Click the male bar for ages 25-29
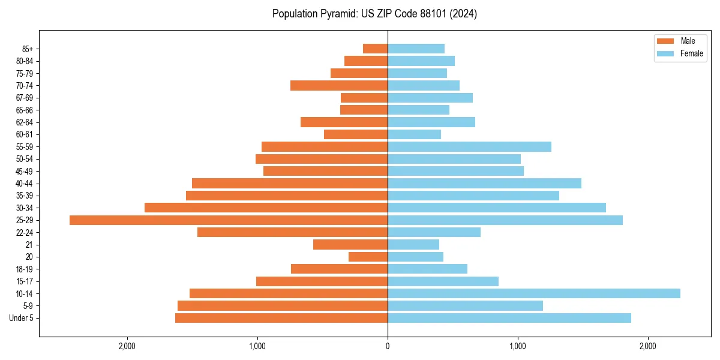229,220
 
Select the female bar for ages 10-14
534,293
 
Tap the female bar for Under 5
509,318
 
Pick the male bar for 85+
375,49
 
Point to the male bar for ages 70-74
339,85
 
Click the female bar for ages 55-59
469,146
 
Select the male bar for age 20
368,257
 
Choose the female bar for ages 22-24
434,232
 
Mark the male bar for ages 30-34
266,208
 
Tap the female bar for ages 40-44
484,183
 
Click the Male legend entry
680,41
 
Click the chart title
374,14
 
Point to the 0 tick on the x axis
388,346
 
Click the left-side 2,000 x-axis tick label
127,346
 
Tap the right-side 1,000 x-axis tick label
518,346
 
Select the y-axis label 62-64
25,122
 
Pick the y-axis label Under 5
22,318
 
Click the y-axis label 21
29,245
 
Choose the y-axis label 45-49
25,171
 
